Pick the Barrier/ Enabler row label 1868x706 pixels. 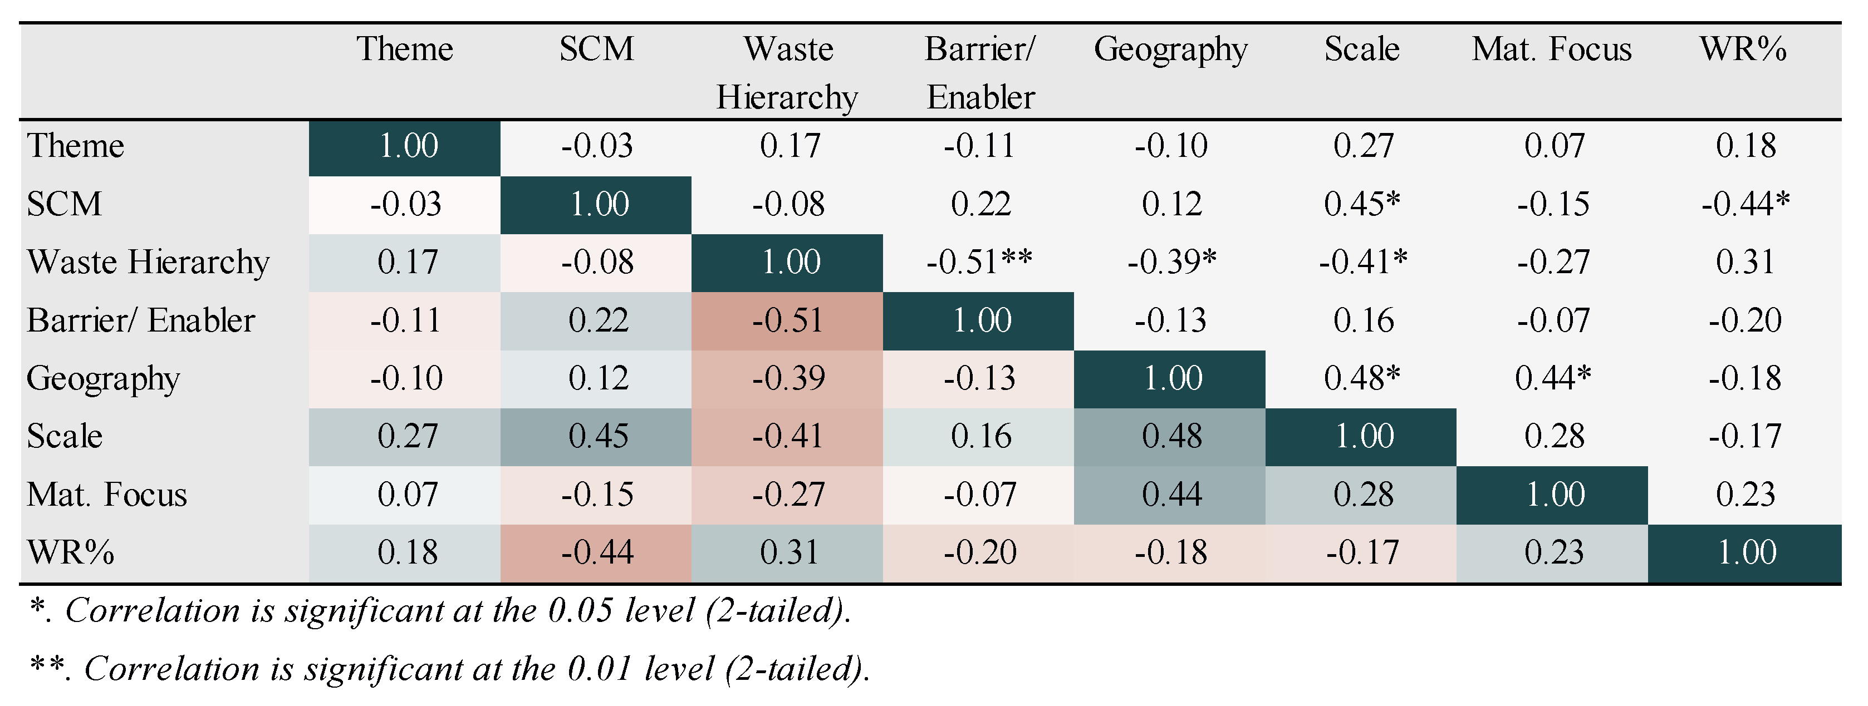point(141,320)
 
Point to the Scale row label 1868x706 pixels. point(65,436)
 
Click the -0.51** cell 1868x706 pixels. point(979,261)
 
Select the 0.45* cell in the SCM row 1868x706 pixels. point(1362,204)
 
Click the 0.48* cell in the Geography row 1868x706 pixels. point(1362,378)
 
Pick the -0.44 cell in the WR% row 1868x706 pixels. point(596,554)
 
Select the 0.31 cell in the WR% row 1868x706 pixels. point(787,554)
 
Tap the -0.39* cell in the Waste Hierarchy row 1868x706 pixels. point(1171,261)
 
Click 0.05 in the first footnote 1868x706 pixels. point(578,611)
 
